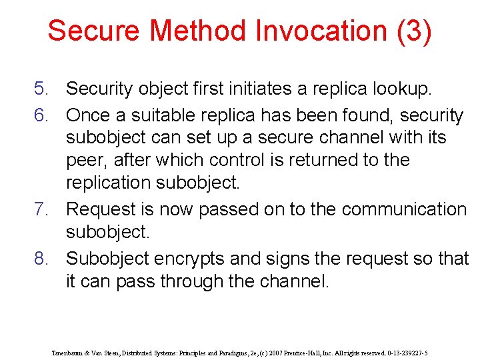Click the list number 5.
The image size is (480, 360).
pos(43,88)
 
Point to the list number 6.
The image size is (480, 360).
pos(43,115)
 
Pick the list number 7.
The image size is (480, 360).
pos(43,209)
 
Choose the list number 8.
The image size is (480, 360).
pos(43,258)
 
